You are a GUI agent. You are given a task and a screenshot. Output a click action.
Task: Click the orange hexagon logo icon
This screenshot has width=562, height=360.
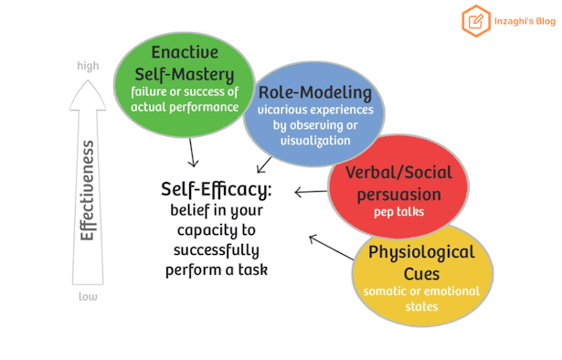coord(476,21)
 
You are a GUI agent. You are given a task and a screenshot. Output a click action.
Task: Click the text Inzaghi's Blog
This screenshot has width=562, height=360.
coord(525,22)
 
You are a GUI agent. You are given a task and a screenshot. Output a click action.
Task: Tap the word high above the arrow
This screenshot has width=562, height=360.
coord(88,67)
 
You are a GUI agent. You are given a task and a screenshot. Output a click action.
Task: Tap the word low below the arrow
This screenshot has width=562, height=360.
coord(88,297)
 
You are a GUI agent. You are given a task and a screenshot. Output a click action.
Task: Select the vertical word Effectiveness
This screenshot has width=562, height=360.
coord(87,191)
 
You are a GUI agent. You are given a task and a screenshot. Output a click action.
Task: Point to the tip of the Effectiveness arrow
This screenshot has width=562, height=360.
coord(88,79)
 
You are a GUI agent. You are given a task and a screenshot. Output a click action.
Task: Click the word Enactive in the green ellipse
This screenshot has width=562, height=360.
coord(185,52)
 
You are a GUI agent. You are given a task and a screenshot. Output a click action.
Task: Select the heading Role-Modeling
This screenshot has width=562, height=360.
coord(315,93)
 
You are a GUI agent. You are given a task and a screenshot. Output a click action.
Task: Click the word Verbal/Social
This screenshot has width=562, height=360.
coord(398,173)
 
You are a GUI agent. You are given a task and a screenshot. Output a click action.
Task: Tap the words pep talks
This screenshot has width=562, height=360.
coord(399,212)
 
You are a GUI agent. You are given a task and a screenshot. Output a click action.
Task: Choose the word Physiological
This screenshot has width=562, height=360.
coord(421,252)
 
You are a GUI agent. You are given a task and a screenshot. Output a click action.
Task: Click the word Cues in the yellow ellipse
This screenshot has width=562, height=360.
coord(421,274)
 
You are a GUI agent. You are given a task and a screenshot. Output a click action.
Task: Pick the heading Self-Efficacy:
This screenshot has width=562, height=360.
coord(217,189)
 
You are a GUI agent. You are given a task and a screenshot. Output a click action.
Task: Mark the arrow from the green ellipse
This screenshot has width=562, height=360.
coord(193,153)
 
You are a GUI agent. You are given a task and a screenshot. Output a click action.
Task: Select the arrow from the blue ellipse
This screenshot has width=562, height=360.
coord(264,165)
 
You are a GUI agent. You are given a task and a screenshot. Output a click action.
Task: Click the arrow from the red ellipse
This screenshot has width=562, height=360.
coord(311,192)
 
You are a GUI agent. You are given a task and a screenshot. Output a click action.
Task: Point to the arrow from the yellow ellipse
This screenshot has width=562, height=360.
coord(331,248)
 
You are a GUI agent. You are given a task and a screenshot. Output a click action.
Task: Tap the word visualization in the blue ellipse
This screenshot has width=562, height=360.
coord(315,141)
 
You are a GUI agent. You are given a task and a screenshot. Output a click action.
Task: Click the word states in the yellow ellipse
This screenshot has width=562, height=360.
coord(421,307)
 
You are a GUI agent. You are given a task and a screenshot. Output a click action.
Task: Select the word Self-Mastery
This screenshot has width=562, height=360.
coord(185,75)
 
